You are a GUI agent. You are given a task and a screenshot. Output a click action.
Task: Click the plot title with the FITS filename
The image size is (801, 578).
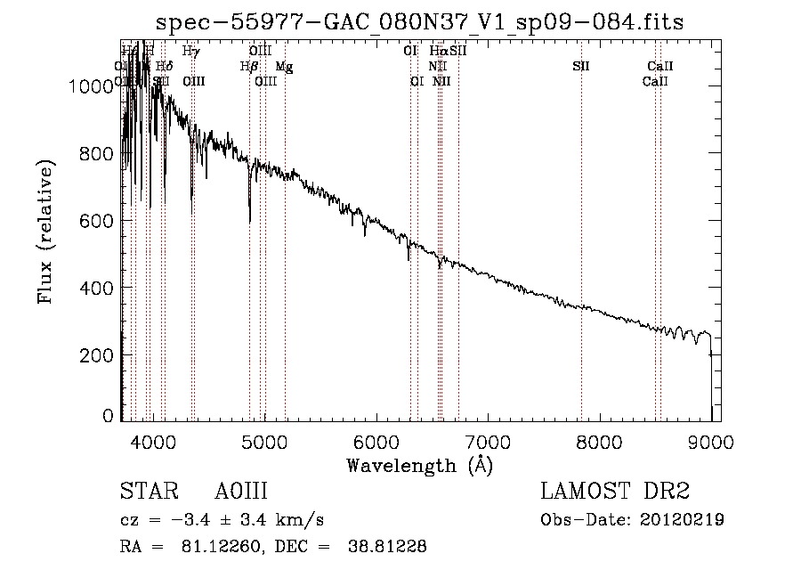pyautogui.click(x=419, y=22)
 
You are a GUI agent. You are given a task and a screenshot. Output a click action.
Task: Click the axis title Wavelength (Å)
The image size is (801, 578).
pyautogui.click(x=419, y=465)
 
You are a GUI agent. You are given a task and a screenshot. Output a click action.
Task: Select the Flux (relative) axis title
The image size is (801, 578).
pyautogui.click(x=45, y=232)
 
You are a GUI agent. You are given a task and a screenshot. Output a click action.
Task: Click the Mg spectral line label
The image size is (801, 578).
pyautogui.click(x=282, y=67)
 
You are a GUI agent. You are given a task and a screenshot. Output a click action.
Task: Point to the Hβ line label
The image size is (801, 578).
pyautogui.click(x=248, y=67)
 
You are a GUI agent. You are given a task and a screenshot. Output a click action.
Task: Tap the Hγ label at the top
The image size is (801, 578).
pyautogui.click(x=190, y=52)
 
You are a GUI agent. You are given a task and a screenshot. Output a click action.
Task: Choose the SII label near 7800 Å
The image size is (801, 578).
pyautogui.click(x=580, y=67)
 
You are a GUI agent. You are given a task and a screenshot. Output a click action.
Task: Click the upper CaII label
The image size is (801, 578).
pyautogui.click(x=659, y=67)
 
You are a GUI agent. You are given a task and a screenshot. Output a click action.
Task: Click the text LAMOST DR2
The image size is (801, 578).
pyautogui.click(x=615, y=493)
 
